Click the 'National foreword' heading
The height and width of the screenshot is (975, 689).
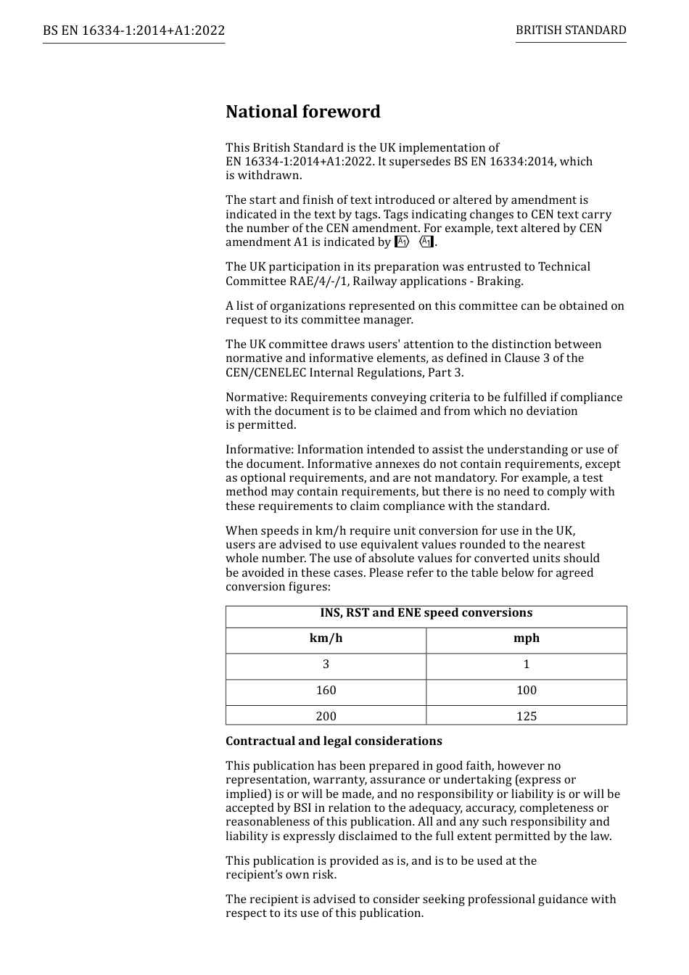pyautogui.click(x=302, y=112)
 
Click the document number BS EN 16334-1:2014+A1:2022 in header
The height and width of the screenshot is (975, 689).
pyautogui.click(x=133, y=30)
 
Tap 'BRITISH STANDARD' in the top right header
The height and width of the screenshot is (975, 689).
pyautogui.click(x=571, y=30)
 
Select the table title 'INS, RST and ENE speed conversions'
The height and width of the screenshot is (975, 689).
pyautogui.click(x=426, y=613)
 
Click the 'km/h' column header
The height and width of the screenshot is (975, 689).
pyautogui.click(x=326, y=638)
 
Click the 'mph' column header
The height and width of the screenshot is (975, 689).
pyautogui.click(x=526, y=638)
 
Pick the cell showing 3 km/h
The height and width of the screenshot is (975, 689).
pyautogui.click(x=326, y=665)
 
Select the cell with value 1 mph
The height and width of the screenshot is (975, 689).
pyautogui.click(x=526, y=665)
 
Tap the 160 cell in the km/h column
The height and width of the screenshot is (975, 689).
pyautogui.click(x=326, y=691)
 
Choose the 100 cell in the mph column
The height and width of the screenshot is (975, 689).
pyautogui.click(x=526, y=691)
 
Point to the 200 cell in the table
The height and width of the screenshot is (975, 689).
pyautogui.click(x=326, y=716)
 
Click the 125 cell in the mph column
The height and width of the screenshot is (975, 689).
pyautogui.click(x=526, y=716)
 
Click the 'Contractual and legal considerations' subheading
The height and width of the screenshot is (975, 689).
pyautogui.click(x=334, y=741)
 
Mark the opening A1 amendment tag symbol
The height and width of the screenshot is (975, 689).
pyautogui.click(x=402, y=242)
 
